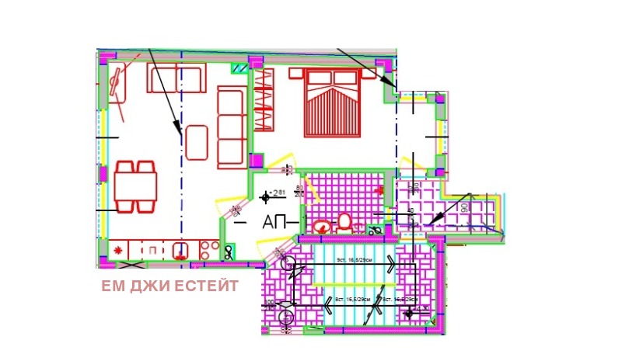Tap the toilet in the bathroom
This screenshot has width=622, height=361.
point(344,222)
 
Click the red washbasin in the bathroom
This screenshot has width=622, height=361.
point(322,227)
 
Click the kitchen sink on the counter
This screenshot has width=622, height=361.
point(181,250)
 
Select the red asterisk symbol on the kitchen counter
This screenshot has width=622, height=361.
point(118,250)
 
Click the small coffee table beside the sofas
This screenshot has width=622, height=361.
point(197,143)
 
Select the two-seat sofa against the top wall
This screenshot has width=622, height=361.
point(176,80)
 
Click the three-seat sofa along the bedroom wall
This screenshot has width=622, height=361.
point(230,127)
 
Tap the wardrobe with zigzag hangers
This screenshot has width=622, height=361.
point(264,99)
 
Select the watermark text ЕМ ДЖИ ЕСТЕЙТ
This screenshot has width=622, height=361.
point(169,286)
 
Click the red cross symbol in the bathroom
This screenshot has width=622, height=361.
point(380,189)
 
